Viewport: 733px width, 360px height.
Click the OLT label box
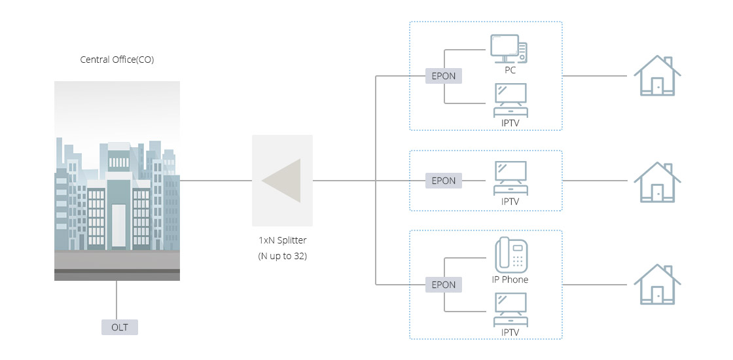point(120,327)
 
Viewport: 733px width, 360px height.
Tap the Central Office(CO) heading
point(117,60)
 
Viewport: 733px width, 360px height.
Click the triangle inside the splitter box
point(283,181)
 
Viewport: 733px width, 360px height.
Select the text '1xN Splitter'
point(282,240)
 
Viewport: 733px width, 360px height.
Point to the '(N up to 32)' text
point(282,256)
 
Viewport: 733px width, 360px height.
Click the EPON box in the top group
point(443,76)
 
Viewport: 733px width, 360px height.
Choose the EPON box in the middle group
point(443,181)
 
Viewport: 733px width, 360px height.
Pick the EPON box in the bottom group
point(443,285)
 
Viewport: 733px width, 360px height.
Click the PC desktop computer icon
point(509,48)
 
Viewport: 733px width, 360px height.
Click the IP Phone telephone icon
point(510,255)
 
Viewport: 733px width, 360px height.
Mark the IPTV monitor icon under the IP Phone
point(510,310)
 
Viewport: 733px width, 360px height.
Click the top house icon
point(658,76)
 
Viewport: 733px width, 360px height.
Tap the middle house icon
point(658,181)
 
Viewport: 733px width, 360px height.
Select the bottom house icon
point(658,284)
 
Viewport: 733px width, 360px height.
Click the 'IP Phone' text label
point(510,279)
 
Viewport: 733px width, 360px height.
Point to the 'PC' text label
point(510,70)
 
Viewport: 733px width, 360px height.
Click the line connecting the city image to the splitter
point(216,181)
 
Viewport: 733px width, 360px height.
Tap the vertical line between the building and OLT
point(117,300)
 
